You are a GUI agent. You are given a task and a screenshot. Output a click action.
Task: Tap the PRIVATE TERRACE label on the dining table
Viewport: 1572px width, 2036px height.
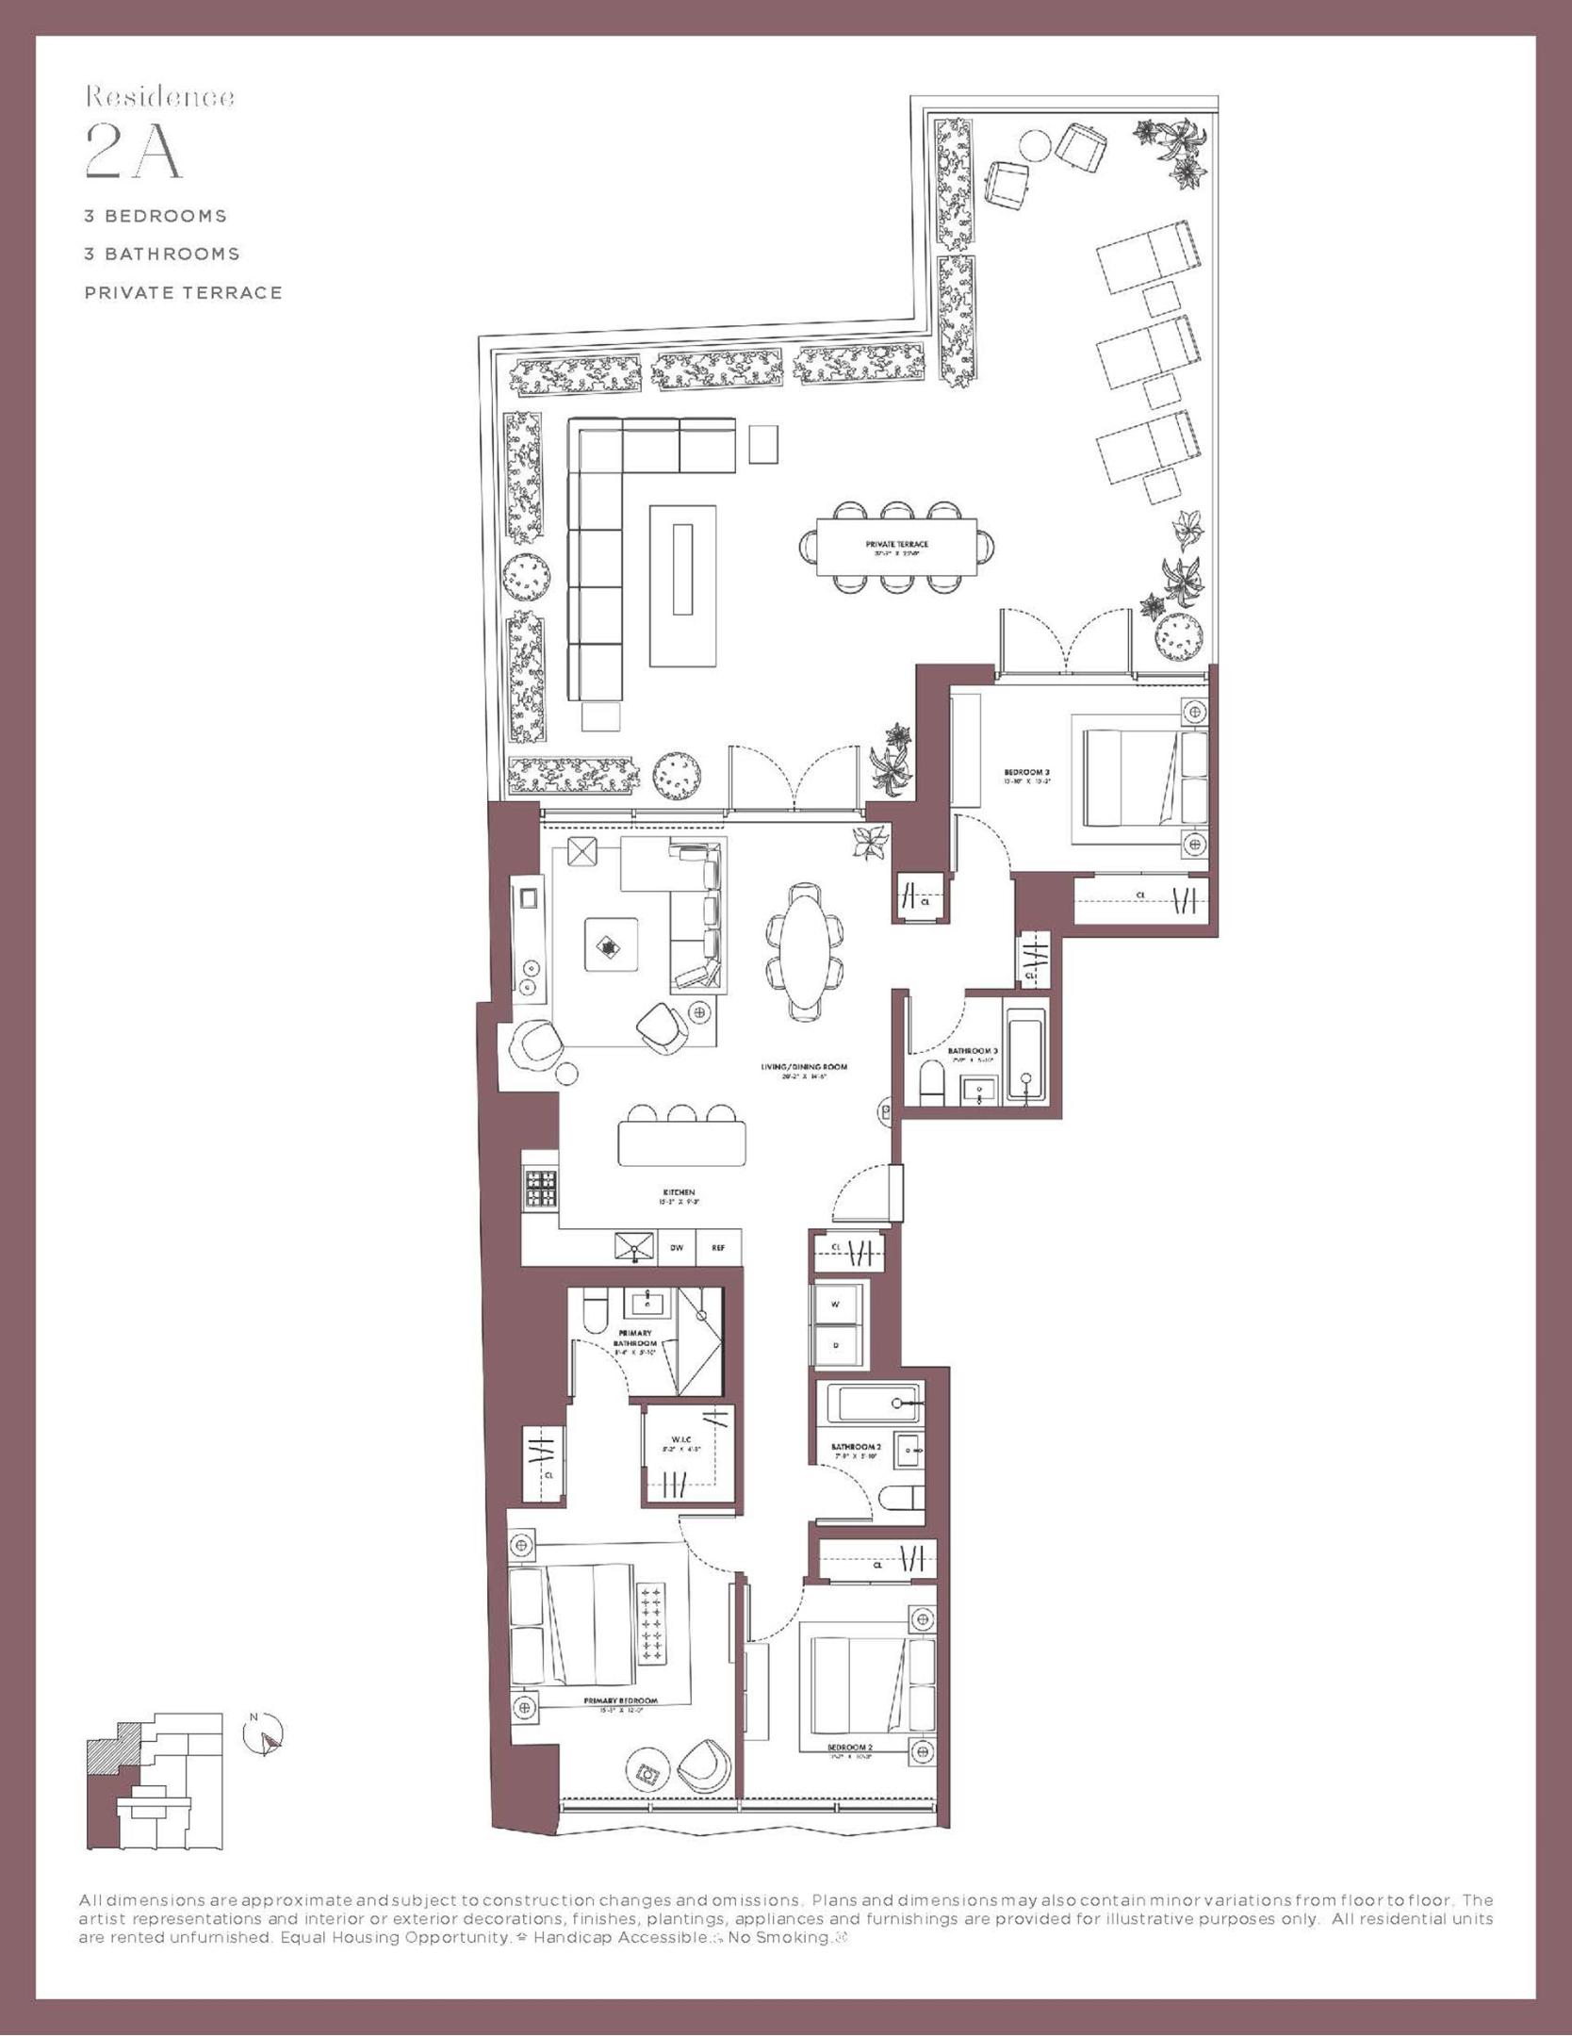(896, 545)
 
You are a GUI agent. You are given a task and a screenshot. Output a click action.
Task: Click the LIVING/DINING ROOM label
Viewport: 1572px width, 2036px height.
(804, 1068)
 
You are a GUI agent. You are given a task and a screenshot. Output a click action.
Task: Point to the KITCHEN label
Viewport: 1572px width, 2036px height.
(679, 1193)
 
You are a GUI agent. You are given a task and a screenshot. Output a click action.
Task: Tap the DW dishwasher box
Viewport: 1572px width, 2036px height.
(677, 1248)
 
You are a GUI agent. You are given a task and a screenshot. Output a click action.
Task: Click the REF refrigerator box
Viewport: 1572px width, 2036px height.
(718, 1248)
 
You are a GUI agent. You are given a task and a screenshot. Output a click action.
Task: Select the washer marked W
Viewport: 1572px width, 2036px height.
(835, 1305)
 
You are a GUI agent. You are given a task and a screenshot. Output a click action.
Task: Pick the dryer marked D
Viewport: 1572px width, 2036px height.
(835, 1346)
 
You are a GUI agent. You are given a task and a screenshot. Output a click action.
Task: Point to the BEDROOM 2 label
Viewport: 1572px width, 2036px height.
(850, 1751)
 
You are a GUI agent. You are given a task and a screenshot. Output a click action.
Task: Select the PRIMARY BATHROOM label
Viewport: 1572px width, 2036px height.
(633, 1338)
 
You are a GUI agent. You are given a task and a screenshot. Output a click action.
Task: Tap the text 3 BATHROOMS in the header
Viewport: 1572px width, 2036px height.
(162, 254)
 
